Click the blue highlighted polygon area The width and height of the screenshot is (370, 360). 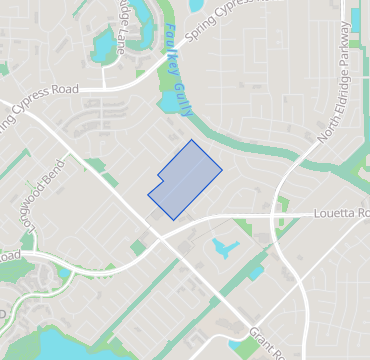186,180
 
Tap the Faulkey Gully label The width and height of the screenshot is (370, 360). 174,60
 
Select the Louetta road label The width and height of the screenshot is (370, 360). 341,213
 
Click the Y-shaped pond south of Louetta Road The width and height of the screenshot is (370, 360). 224,246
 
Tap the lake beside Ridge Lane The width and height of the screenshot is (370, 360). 104,45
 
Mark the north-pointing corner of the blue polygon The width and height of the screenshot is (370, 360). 192,140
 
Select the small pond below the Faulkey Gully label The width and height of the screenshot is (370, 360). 166,102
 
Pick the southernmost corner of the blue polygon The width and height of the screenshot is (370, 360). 174,220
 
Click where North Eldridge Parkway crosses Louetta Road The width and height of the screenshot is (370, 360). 286,214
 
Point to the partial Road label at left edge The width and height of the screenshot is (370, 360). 9,258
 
